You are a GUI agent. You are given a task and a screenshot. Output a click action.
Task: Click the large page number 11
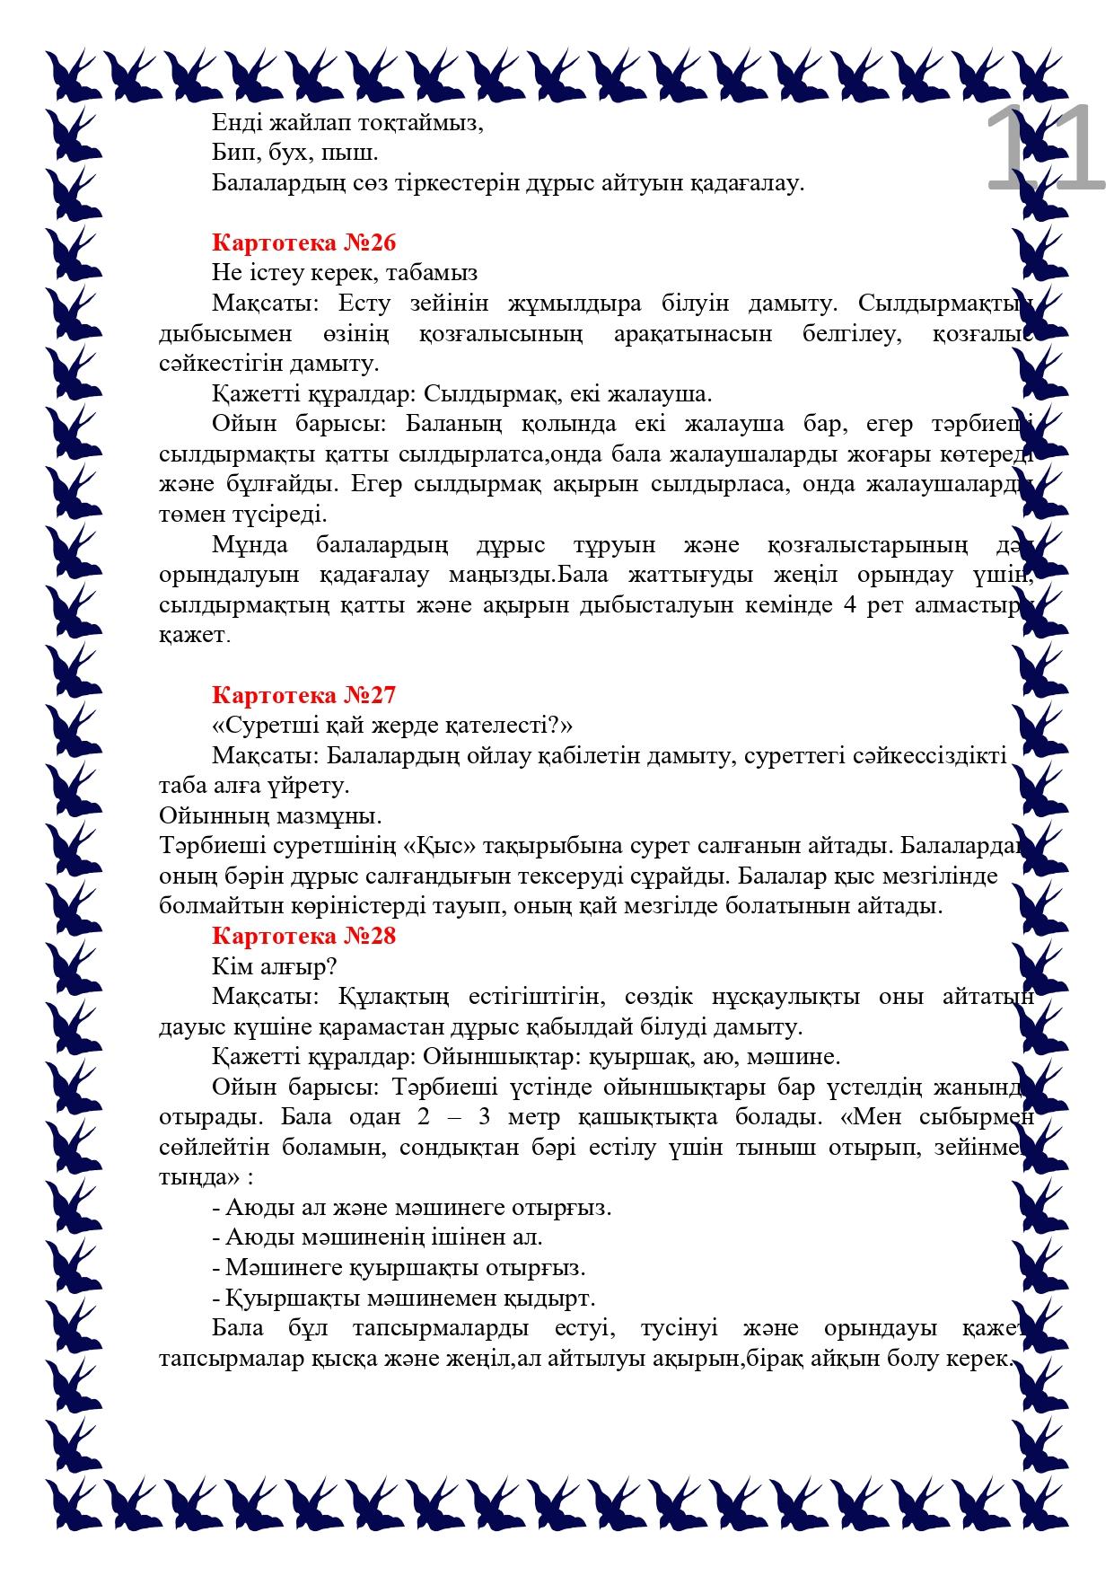click(x=1044, y=149)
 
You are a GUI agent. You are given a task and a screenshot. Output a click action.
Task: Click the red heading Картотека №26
click(x=303, y=242)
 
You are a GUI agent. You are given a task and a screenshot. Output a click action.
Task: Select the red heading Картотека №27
click(x=303, y=694)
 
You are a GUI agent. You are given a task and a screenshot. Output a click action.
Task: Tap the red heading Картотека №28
click(x=303, y=936)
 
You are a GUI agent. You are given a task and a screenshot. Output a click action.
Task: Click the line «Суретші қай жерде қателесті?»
click(x=392, y=725)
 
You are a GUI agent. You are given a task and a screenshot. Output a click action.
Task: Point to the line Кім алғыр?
click(x=275, y=966)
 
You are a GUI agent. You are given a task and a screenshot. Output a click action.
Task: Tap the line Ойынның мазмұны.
click(x=270, y=815)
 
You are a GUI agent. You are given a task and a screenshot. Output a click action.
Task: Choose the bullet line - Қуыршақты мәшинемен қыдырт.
click(x=404, y=1299)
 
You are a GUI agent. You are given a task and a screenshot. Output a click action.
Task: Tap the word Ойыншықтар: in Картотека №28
click(x=485, y=1056)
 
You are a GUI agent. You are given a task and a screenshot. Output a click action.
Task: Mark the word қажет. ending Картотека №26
click(x=195, y=635)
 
